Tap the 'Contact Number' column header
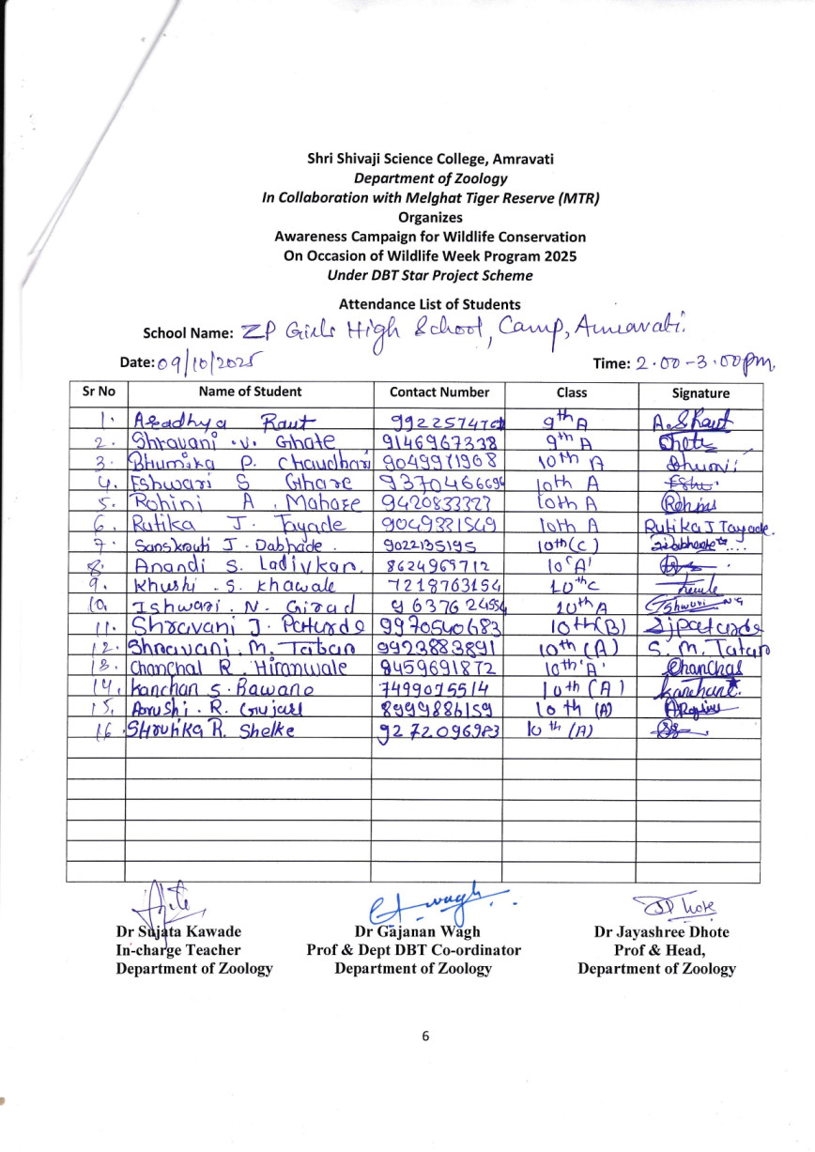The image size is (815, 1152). coord(438,392)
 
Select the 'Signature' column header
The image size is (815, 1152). coord(700,392)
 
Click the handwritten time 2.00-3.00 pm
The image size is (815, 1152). coord(696,361)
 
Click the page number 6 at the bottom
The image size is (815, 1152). coord(425,1037)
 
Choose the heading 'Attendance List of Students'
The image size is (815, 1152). coord(416,304)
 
